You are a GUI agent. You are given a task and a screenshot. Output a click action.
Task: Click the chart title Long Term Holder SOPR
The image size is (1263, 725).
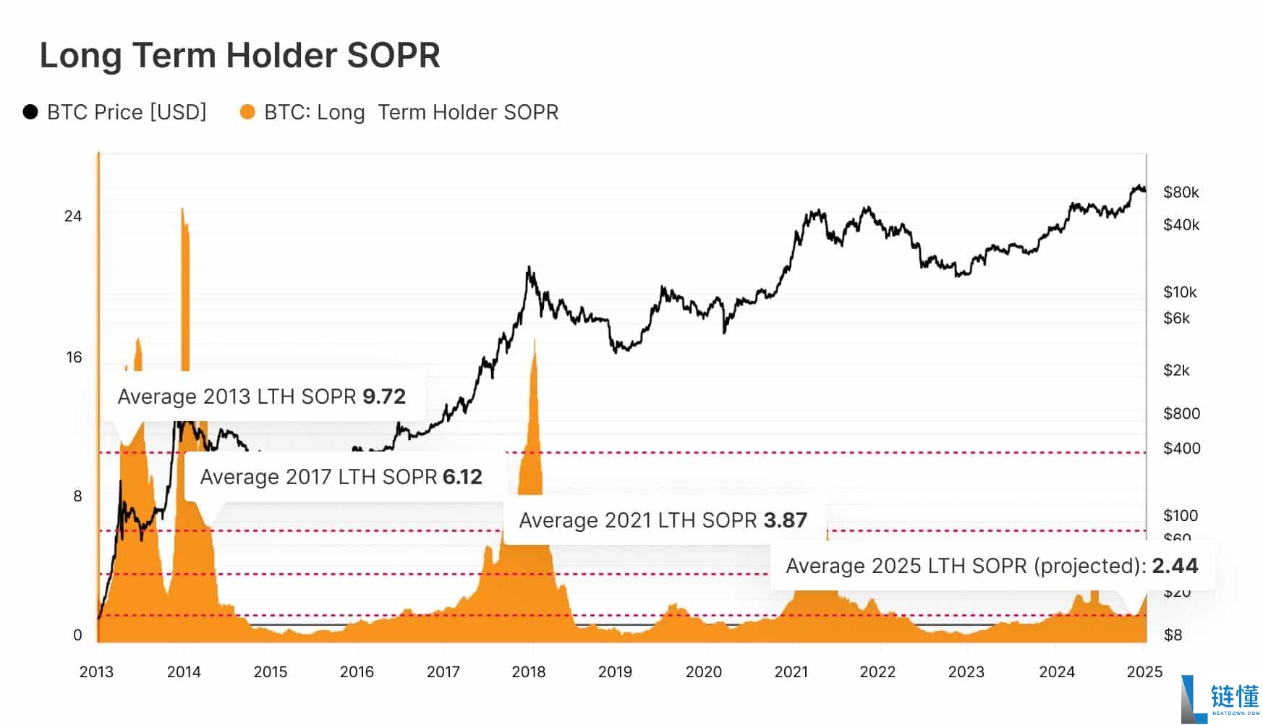[x=239, y=56]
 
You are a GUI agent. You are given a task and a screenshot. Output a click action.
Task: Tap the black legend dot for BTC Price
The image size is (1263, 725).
[x=30, y=112]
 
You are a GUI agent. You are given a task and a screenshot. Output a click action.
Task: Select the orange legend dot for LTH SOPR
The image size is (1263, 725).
[x=247, y=112]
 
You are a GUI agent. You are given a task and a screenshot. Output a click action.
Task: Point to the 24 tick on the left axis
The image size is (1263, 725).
[x=73, y=216]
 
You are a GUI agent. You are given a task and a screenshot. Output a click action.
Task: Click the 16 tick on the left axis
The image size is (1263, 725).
[x=74, y=357]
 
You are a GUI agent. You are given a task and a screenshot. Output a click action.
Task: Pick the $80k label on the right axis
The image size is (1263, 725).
[x=1181, y=192]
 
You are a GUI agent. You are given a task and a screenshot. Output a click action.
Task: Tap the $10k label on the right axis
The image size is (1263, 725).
[x=1180, y=292]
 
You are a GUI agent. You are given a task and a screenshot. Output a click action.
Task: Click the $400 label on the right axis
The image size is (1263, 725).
[x=1181, y=449]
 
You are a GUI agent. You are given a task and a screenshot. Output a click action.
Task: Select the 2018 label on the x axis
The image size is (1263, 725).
[x=529, y=672]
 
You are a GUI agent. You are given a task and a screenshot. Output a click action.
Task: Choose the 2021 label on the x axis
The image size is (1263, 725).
[x=791, y=672]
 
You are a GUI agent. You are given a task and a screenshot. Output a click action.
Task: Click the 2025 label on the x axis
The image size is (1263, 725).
[x=1144, y=672]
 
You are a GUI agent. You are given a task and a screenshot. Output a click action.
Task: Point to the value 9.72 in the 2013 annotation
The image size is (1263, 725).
[x=384, y=397]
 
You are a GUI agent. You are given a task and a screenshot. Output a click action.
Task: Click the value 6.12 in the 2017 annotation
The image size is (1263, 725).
[x=462, y=477]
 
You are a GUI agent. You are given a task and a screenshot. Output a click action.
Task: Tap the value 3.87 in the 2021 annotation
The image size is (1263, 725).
[x=785, y=520]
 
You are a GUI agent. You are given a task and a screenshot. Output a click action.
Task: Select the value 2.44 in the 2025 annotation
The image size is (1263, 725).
[x=1175, y=566]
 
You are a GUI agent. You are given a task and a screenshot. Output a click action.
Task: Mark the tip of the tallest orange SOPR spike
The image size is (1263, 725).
[x=182, y=209]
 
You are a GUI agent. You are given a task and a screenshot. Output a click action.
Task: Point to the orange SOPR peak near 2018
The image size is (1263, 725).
[x=535, y=340]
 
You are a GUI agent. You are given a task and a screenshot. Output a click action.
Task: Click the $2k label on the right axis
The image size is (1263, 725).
[x=1176, y=370]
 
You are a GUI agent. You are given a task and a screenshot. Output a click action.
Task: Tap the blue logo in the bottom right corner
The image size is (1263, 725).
[x=1220, y=699]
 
